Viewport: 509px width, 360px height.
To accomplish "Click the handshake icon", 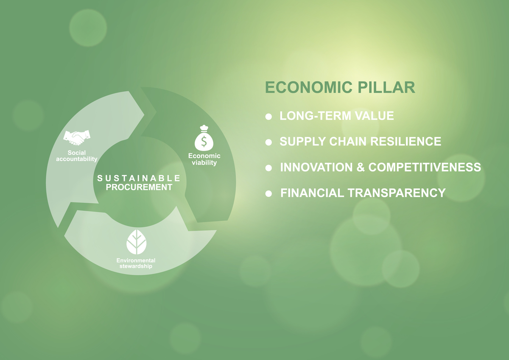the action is tap(77, 137).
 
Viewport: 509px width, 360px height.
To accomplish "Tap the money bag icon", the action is tap(204, 138).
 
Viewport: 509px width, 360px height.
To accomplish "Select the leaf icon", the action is tap(136, 242).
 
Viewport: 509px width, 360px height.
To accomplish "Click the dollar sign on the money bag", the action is tap(204, 141).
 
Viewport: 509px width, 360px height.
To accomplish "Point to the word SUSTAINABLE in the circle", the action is tap(139, 178).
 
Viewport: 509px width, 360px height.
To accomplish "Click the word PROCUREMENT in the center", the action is tap(139, 187).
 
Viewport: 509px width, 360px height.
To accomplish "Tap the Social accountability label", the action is tap(77, 156).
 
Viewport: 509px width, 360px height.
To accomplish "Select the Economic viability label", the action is tap(204, 159).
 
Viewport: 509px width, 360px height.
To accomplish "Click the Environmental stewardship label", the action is tap(136, 263).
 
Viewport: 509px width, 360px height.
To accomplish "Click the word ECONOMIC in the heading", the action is tap(309, 87).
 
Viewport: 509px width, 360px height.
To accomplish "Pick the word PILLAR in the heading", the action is tap(387, 87).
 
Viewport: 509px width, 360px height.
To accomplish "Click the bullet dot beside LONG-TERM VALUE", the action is tap(268, 117).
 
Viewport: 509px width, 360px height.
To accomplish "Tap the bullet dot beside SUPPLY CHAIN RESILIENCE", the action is tap(268, 142).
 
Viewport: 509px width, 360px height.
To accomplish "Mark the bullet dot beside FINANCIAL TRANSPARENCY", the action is tap(268, 194).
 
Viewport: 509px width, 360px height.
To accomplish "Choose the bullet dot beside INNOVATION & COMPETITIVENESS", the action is tap(268, 168).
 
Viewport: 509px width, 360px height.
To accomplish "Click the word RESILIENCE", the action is tap(406, 142).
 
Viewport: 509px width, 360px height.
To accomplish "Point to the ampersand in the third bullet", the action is tap(361, 167).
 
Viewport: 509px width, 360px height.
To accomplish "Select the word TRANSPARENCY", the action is tap(397, 193).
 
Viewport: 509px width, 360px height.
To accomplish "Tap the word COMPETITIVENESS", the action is tap(425, 167).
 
